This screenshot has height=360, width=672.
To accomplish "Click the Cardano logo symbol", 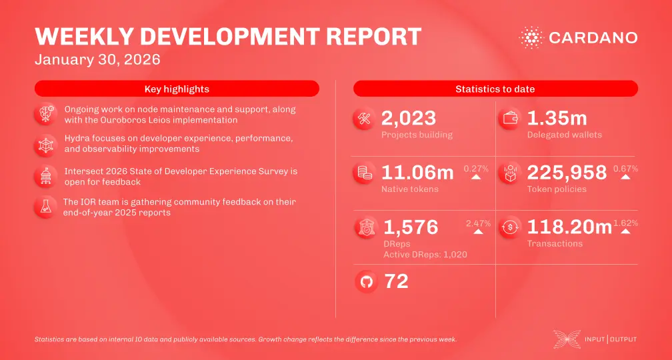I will [x=532, y=37].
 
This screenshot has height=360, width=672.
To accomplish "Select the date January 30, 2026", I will [x=97, y=59].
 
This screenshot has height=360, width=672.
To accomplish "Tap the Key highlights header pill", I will [x=177, y=89].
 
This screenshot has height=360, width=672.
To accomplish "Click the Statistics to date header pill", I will [x=495, y=89].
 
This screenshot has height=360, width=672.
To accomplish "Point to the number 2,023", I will [x=408, y=119].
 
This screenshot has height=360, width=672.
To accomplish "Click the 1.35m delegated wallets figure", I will [x=557, y=119].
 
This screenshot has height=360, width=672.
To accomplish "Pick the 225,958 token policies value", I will [x=567, y=173].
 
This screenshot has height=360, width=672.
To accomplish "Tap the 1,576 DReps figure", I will [x=411, y=227].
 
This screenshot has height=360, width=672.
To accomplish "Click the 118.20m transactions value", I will [x=569, y=227].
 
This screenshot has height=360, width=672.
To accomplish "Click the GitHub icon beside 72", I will [x=366, y=282].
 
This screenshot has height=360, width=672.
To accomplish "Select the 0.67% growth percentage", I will [x=625, y=169].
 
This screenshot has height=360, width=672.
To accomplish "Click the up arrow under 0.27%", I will [x=476, y=178].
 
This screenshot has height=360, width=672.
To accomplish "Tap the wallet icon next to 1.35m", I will [x=511, y=120].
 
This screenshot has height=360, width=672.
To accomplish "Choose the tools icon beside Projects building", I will [x=365, y=120].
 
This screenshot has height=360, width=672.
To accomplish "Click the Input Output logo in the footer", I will [x=595, y=339].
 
